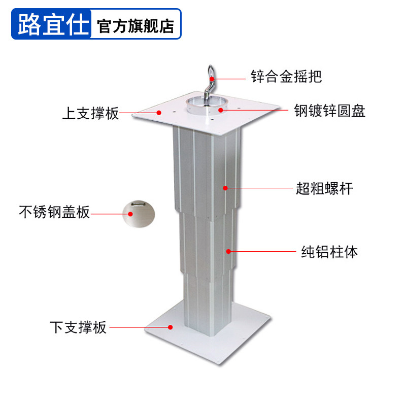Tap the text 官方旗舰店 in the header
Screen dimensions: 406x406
[x=136, y=26]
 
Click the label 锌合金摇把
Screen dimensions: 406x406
[x=286, y=77]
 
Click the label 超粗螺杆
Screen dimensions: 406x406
[x=324, y=189]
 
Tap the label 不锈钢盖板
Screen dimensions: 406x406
[x=54, y=212]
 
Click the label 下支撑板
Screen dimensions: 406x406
[x=78, y=327]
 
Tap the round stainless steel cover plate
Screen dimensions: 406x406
[x=139, y=215]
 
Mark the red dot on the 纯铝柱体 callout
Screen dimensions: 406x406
[x=229, y=251]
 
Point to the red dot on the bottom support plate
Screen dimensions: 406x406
[x=172, y=327]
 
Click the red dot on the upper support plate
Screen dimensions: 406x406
[x=159, y=113]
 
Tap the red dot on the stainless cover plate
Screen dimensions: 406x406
[x=130, y=214]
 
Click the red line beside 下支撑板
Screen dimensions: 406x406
[x=140, y=327]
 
